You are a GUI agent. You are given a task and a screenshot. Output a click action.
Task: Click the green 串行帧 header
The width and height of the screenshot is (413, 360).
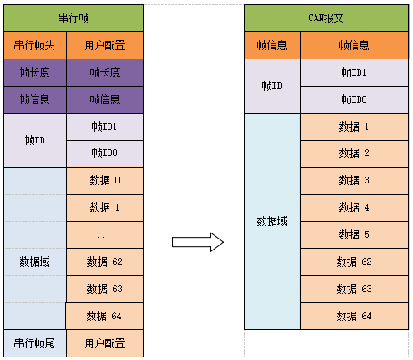coord(74,18)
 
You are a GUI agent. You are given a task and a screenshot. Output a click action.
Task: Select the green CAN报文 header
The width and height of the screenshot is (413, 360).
coord(326,18)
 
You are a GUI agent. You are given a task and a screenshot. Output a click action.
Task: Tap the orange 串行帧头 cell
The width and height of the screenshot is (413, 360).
coord(34,45)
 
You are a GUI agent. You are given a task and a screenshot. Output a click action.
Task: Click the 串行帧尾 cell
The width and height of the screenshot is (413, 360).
coord(34,343)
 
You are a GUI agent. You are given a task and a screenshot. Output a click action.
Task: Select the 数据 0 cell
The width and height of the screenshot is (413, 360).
coord(104,181)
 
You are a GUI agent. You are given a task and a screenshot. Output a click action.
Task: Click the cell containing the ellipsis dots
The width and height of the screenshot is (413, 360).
coord(104,235)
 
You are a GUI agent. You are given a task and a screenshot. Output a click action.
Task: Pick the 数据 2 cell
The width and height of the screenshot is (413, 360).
coord(354,153)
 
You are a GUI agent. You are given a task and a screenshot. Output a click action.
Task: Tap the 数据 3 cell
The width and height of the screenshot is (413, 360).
coord(354,180)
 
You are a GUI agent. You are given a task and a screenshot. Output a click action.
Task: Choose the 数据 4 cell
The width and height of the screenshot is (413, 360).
coord(354,207)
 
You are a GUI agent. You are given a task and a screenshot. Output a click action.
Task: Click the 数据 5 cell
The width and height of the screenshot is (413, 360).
coord(354,234)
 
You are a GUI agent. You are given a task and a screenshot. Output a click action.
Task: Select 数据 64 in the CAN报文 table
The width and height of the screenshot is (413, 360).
coord(354,316)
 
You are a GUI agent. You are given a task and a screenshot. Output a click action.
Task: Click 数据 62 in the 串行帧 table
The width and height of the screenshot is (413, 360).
coord(104,262)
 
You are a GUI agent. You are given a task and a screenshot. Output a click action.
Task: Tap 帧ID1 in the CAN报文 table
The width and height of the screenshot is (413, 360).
coord(354,72)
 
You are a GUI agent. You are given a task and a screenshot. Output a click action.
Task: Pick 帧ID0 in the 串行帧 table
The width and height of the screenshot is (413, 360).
coord(104,154)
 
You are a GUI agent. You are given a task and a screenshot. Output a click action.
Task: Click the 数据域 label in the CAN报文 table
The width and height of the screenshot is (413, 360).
coord(272,221)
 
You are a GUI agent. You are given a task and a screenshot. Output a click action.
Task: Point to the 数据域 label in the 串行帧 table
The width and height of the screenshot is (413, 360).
coord(34,262)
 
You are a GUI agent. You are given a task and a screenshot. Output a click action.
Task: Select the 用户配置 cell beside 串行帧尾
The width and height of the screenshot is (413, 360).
coord(104,343)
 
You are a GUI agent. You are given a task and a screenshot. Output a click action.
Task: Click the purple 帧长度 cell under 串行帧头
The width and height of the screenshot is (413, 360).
coord(34,72)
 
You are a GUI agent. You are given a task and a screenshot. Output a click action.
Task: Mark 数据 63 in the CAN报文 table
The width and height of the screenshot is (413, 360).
coord(354,289)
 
